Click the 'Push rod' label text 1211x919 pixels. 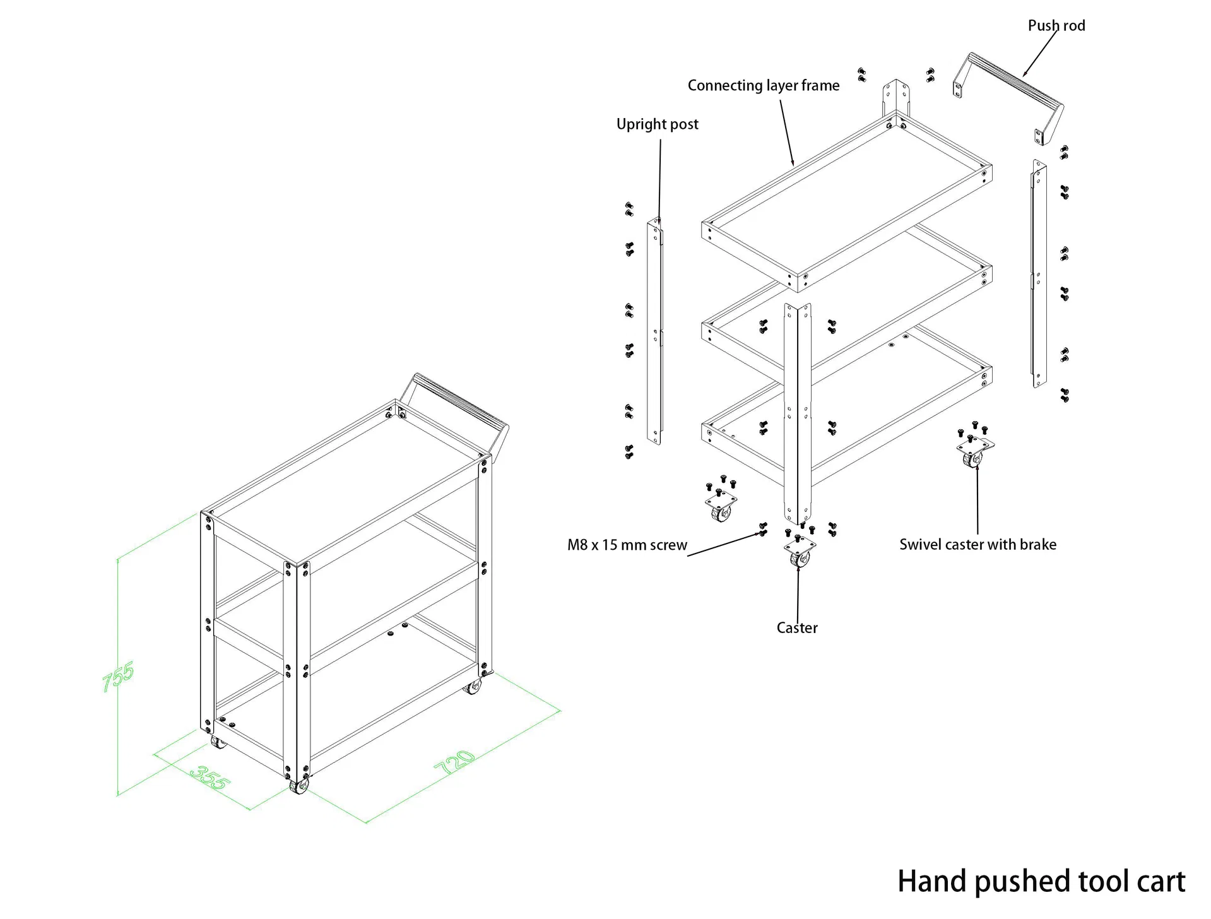tap(1056, 26)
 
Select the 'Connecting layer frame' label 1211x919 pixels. tap(763, 86)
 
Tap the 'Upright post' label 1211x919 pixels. tap(657, 124)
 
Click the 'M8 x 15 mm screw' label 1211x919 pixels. tap(627, 545)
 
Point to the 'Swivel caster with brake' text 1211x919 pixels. tap(978, 545)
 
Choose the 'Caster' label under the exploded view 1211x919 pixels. tap(796, 628)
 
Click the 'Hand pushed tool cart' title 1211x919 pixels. tap(1041, 881)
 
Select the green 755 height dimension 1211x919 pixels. tap(118, 676)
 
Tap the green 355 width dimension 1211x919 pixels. tap(210, 778)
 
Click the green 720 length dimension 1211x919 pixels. tap(454, 762)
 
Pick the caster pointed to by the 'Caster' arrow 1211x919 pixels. tap(800, 553)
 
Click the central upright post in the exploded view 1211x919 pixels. tap(797, 410)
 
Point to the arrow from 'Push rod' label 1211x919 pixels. tap(1040, 53)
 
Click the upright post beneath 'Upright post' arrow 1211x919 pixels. tap(654, 331)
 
